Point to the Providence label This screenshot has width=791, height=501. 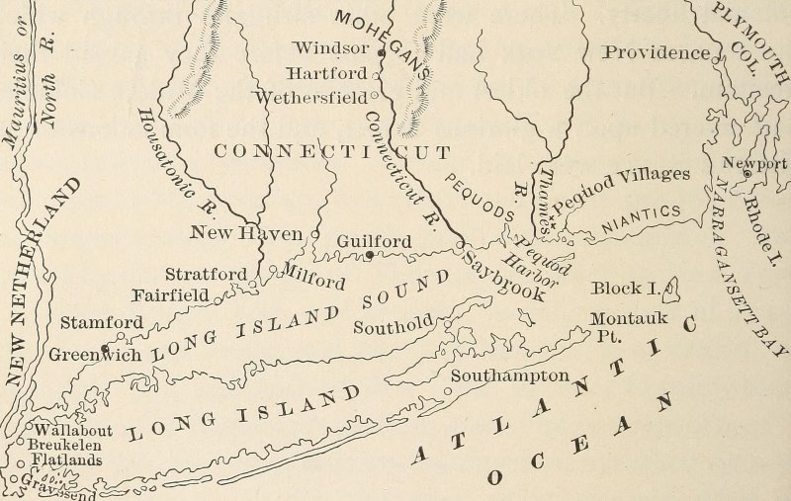[x=657, y=52]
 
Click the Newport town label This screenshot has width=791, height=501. [x=754, y=163]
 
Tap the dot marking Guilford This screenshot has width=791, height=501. [x=369, y=254]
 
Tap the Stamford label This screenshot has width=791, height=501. [x=102, y=322]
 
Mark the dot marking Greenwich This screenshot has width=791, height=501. [x=105, y=348]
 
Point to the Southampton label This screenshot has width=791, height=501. [x=510, y=376]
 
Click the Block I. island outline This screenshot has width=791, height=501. [x=674, y=288]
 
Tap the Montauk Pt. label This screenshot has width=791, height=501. [x=629, y=325]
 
